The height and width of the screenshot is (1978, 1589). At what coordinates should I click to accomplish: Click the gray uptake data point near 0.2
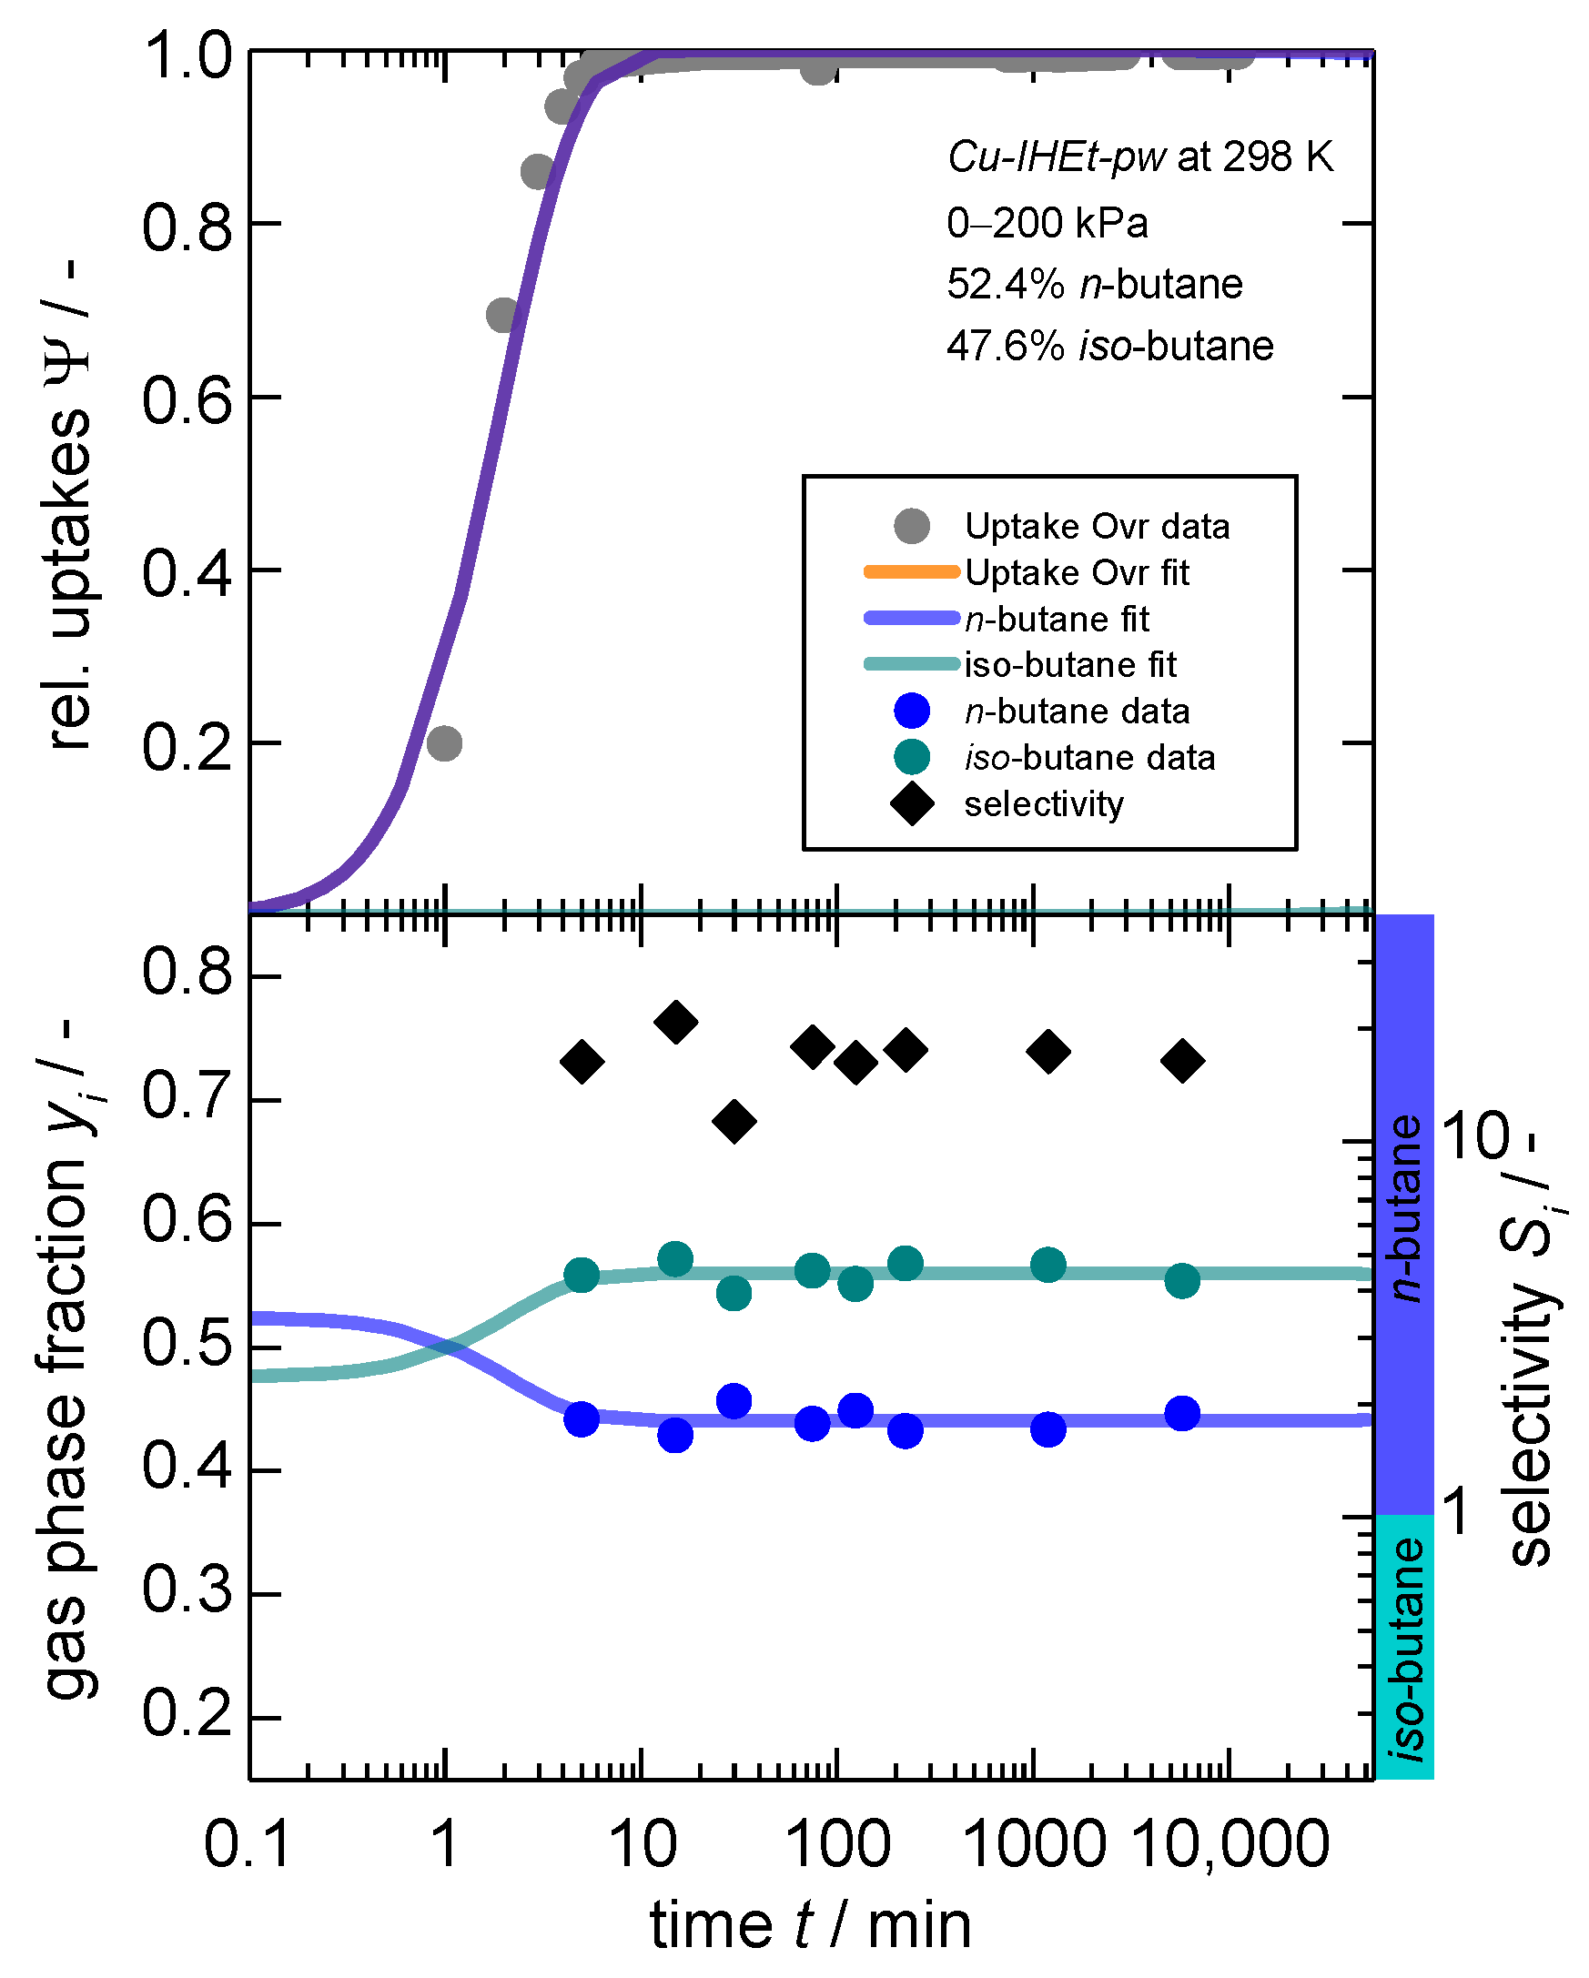[444, 743]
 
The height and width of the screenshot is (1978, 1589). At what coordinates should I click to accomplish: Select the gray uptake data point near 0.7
[502, 316]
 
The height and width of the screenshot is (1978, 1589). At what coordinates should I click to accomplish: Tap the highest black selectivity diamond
[676, 1022]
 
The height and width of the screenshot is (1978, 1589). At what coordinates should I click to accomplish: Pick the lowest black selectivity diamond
[734, 1121]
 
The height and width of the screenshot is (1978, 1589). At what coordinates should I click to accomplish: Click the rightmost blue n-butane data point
[1182, 1413]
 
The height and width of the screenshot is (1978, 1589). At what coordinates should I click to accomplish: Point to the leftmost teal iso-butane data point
[582, 1275]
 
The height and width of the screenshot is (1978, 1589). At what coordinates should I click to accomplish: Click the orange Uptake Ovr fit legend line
[911, 572]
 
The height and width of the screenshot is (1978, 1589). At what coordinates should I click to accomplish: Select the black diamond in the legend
[912, 803]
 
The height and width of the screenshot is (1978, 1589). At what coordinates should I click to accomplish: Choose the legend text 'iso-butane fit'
[1069, 665]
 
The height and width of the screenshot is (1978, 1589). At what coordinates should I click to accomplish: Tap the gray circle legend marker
[912, 526]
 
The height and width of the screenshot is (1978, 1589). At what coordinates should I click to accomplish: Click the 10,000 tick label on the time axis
[1231, 1844]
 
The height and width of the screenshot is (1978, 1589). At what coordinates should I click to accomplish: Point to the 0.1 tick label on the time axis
[248, 1844]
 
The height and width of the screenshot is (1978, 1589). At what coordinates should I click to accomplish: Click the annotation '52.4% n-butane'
[1095, 285]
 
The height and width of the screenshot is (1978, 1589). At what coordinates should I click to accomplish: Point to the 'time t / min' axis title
[810, 1924]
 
